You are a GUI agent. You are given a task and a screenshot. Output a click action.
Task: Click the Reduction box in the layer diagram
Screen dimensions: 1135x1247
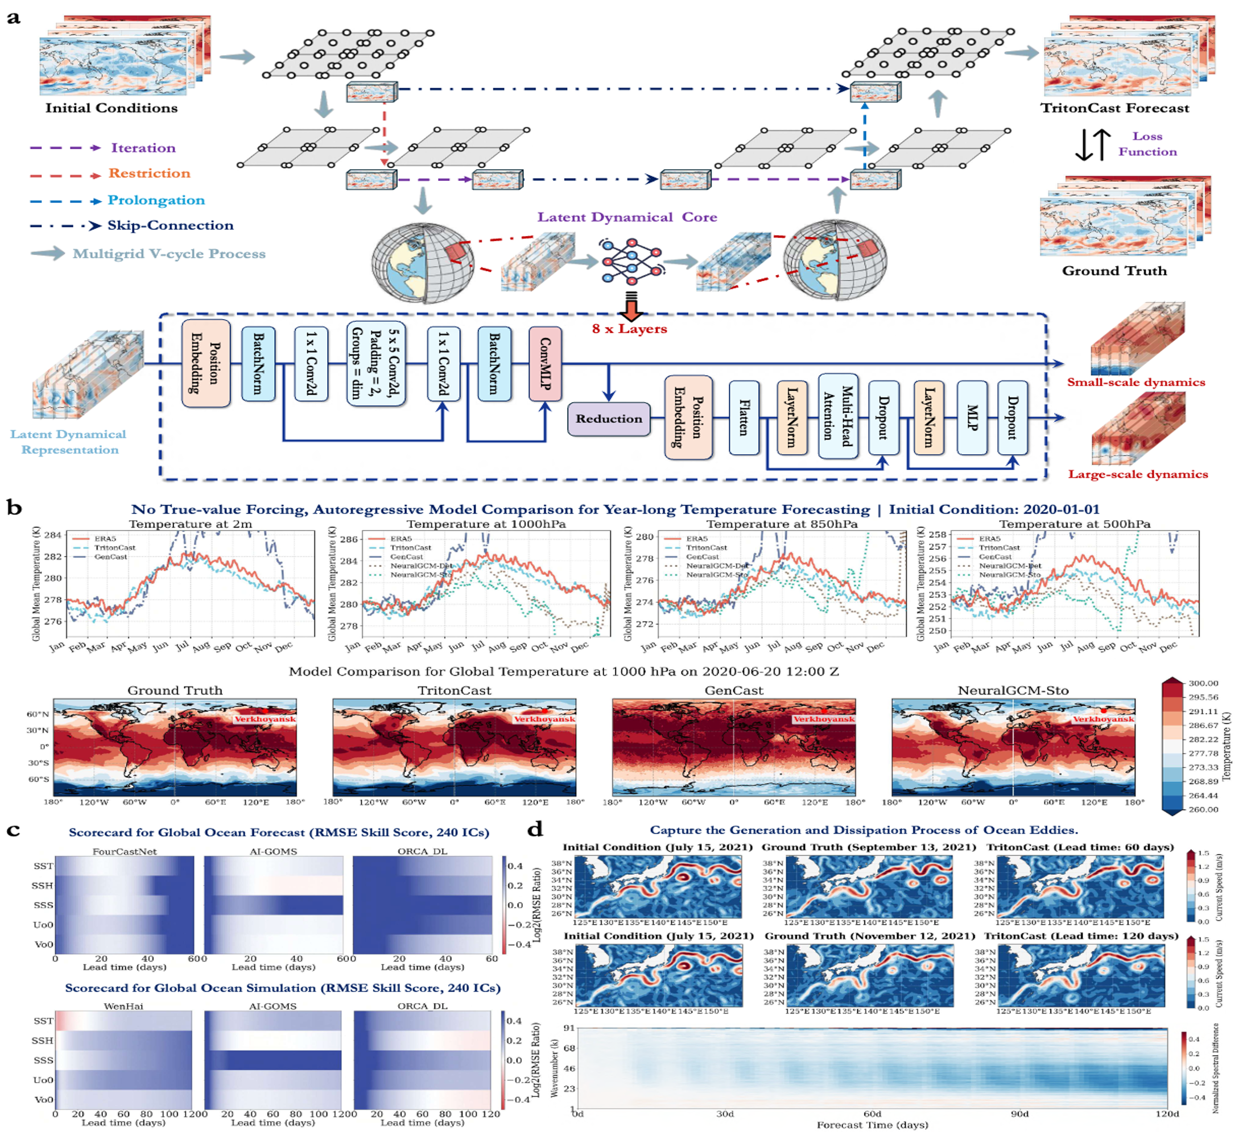point(609,419)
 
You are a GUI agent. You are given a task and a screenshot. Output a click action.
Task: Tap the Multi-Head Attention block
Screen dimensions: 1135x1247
point(837,416)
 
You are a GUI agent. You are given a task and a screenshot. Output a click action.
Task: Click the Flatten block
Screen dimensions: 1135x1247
point(744,418)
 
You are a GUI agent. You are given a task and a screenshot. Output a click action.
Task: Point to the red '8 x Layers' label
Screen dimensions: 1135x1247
point(629,329)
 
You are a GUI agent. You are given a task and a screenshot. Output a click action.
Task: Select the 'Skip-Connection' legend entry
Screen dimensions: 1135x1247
point(170,226)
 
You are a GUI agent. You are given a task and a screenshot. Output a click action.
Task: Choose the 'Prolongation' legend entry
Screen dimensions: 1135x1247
point(156,200)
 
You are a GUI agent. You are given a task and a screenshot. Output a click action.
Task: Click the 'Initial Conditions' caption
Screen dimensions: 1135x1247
point(112,108)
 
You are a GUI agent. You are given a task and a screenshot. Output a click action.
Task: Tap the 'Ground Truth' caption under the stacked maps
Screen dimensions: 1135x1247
point(1114,271)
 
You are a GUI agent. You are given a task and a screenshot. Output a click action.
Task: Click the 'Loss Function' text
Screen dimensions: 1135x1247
point(1147,143)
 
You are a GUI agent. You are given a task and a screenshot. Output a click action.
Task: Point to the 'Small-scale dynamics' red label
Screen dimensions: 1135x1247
point(1135,382)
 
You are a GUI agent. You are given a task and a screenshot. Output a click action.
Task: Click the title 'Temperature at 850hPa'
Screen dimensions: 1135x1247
point(782,524)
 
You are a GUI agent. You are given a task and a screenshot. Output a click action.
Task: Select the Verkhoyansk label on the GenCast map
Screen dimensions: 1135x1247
point(824,719)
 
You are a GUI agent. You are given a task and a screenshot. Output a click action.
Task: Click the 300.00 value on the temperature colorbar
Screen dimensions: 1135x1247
point(1203,683)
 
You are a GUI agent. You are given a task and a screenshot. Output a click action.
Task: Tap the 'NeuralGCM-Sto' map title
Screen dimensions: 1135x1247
point(1013,690)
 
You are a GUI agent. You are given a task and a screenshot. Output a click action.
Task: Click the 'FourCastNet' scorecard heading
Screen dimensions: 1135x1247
point(125,851)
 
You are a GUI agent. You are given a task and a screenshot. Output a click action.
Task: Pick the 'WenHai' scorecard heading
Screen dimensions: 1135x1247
point(123,1006)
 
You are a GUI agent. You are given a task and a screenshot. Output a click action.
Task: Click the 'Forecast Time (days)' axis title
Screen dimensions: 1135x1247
point(872,1125)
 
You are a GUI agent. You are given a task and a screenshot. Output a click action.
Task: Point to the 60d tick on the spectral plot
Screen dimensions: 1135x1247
point(872,1113)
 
